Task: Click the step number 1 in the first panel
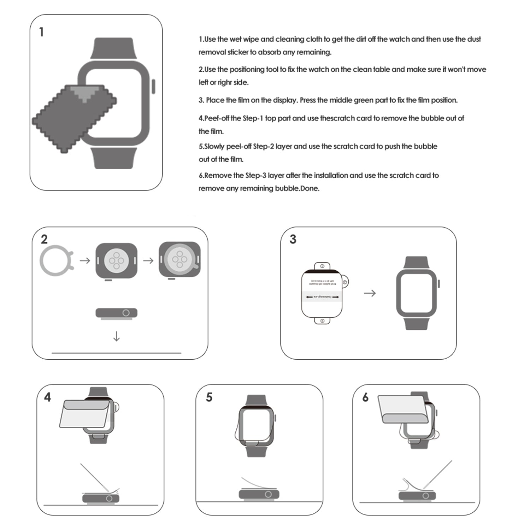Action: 42,32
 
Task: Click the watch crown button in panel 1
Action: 153,87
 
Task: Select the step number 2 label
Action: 44,239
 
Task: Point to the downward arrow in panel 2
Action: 116,336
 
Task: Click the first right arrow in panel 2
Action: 85,261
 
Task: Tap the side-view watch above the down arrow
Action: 116,313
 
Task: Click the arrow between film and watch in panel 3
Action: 370,293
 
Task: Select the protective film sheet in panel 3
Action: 322,293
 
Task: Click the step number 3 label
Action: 293,239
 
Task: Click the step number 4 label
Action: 47,397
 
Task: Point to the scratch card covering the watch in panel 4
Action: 85,413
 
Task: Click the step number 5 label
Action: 209,397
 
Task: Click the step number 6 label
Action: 365,397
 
